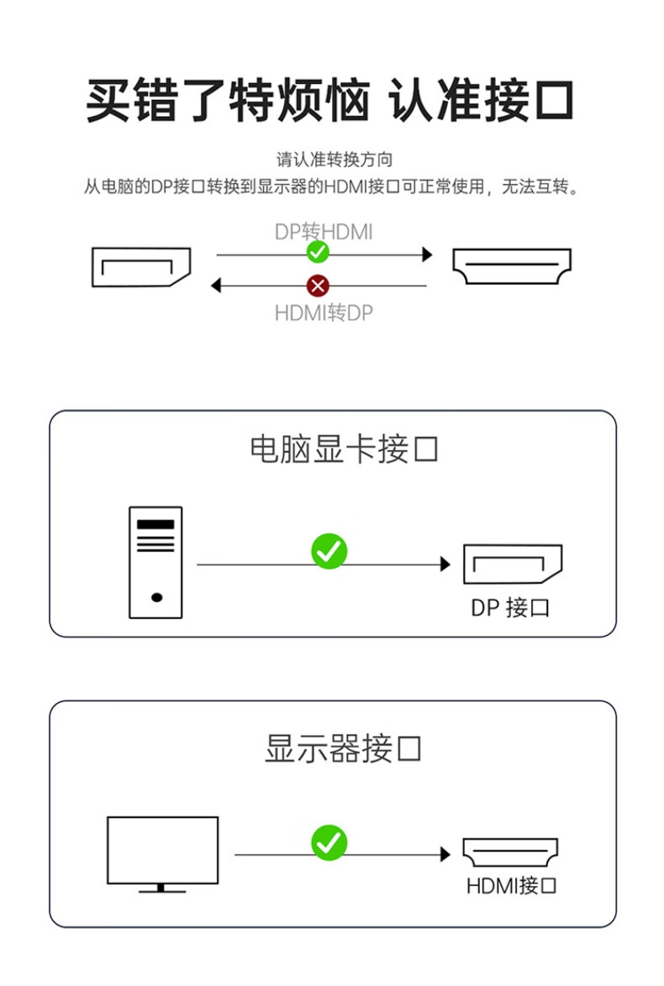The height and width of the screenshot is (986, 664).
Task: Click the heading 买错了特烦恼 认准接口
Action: pos(330,101)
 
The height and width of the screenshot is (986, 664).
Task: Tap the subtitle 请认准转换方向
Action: pos(335,159)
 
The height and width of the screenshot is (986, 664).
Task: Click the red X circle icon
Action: pos(318,286)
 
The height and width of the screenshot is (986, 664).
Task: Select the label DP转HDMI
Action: pos(324,231)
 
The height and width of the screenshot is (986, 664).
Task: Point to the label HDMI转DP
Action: pos(324,313)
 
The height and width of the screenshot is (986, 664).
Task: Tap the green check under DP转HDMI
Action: pos(318,251)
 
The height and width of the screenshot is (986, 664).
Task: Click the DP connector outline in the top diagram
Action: pos(141,267)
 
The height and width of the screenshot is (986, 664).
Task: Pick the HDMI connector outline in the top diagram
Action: pos(512,266)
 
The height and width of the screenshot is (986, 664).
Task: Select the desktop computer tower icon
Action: pos(155,562)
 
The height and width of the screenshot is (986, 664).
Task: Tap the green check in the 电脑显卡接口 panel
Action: pos(329,551)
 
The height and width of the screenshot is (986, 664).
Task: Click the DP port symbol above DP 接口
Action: pos(512,564)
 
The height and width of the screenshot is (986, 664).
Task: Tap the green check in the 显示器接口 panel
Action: pos(329,842)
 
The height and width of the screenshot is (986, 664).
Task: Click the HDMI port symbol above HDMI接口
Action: pos(511,852)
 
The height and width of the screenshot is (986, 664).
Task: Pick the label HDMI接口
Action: pos(511,885)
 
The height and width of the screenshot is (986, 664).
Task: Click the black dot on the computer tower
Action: pos(156,598)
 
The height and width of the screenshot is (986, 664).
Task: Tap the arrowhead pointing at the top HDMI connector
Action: pos(427,254)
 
